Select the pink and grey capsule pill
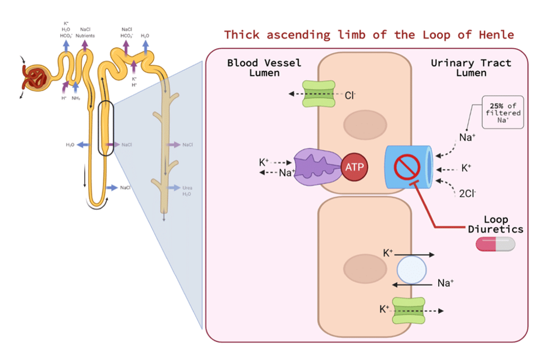pos(496,245)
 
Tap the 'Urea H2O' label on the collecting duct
pos(187,191)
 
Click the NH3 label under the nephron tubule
pos(76,99)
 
